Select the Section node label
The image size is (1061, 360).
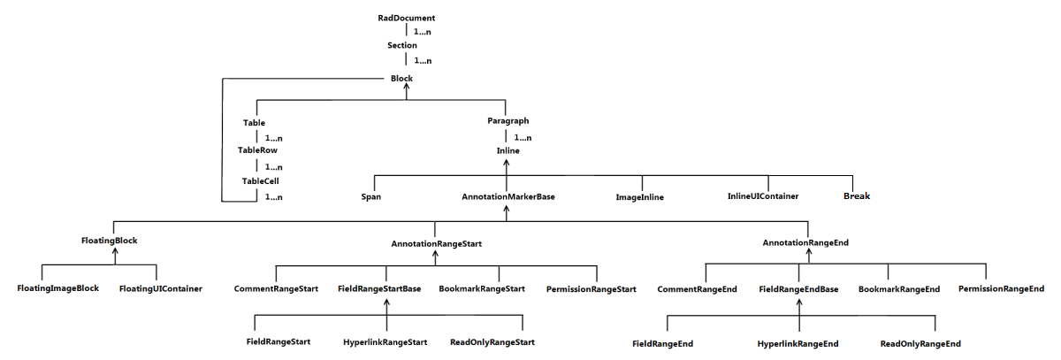[402, 45]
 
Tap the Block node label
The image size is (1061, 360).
[401, 78]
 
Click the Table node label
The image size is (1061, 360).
[254, 122]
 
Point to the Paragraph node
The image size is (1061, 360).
[508, 120]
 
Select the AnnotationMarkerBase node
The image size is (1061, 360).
[508, 196]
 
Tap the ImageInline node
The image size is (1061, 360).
[639, 197]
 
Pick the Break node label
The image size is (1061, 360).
[855, 196]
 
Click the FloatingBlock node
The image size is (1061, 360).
[110, 241]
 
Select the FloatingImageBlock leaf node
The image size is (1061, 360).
[58, 288]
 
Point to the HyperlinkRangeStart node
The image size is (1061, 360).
[385, 342]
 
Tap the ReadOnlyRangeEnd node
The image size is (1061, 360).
[920, 343]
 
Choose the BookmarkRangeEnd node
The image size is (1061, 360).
[899, 288]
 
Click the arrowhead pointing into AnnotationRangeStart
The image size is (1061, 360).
[436, 254]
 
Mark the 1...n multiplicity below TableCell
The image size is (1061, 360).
[273, 196]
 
